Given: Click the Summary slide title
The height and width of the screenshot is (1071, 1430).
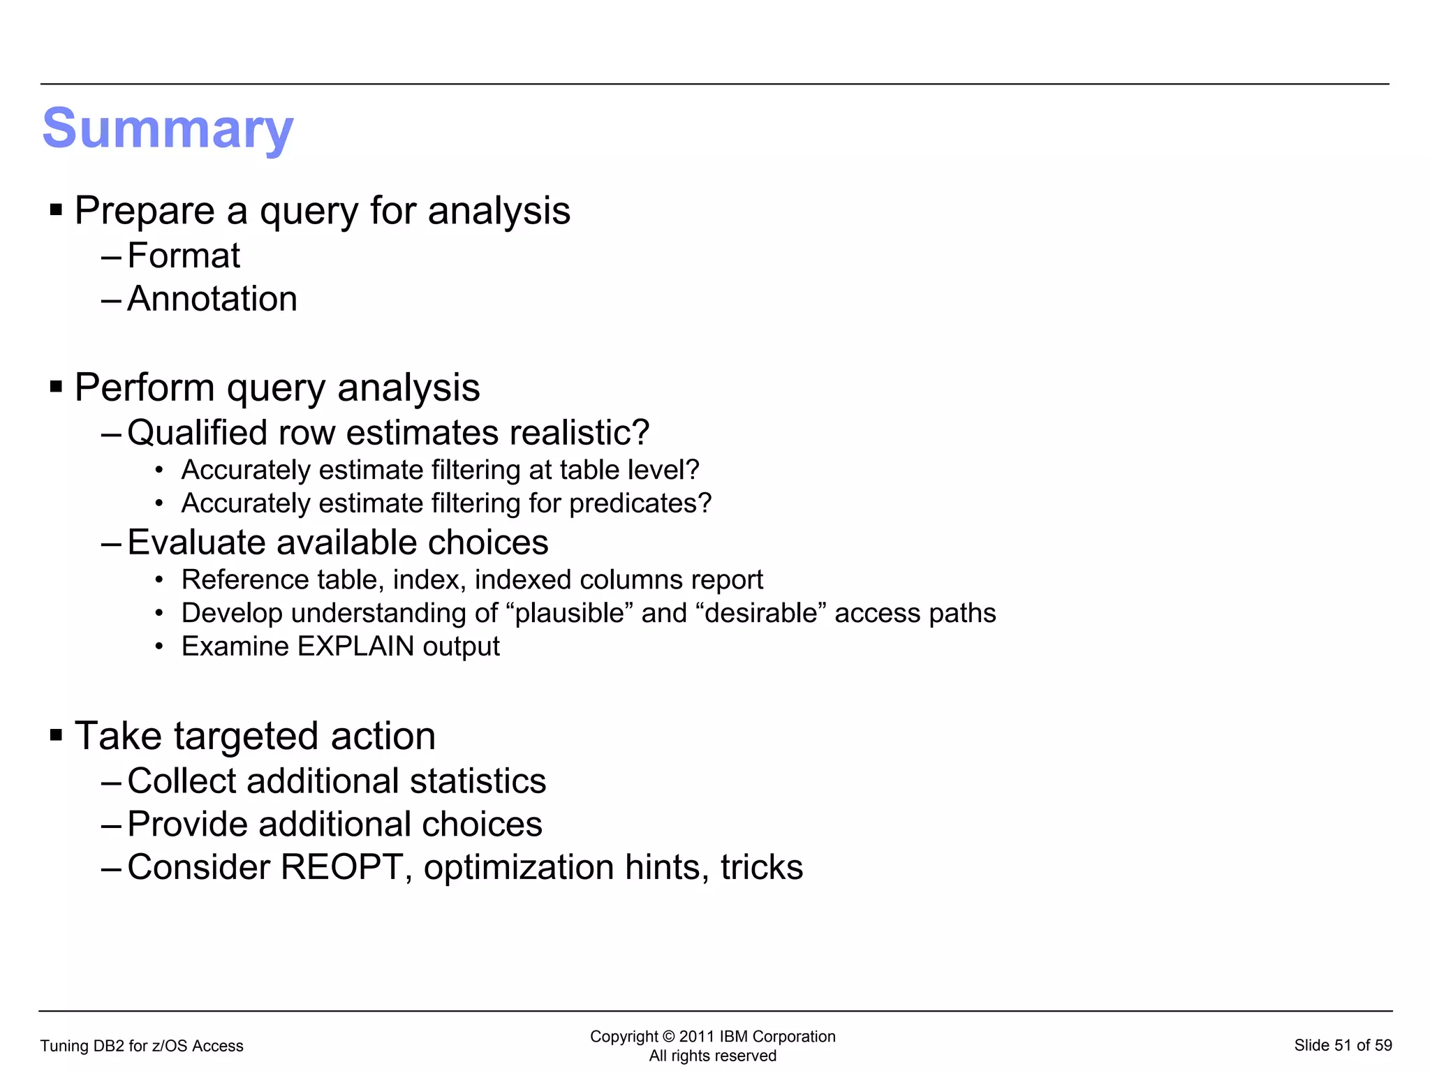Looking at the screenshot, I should click(x=168, y=129).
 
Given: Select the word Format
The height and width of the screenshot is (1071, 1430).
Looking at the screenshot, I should click(x=184, y=256).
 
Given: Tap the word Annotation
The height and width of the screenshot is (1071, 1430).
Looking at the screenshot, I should click(x=212, y=299).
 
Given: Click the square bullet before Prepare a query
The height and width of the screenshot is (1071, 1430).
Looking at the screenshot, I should click(x=57, y=209).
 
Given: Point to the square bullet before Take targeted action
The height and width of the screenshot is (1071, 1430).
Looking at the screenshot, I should click(x=57, y=734).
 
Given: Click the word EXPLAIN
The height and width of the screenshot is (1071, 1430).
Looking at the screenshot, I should click(x=356, y=647).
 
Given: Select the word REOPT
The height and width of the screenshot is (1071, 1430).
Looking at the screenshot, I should click(x=342, y=867).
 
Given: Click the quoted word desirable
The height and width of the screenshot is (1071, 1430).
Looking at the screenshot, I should click(x=761, y=613).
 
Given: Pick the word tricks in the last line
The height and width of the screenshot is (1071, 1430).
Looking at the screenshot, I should click(x=762, y=867).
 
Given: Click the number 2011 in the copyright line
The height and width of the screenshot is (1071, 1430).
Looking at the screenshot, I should click(x=697, y=1037).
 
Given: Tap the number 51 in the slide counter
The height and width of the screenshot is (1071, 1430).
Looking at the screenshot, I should click(x=1343, y=1045).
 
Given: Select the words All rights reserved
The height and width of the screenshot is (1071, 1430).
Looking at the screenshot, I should click(x=712, y=1056).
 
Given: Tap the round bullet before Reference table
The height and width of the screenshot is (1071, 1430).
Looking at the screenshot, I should click(x=160, y=580).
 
